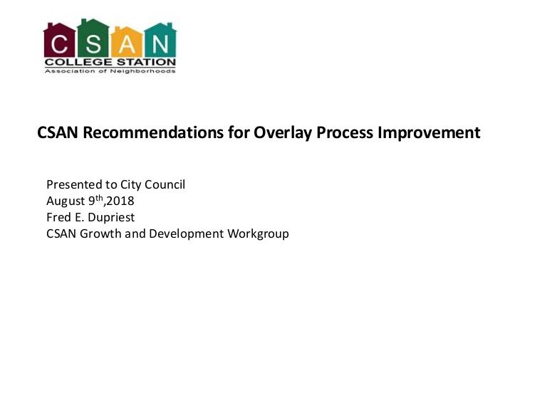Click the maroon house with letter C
(x=59, y=40)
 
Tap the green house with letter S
(x=93, y=38)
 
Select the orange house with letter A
(x=127, y=42)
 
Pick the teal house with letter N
(x=160, y=40)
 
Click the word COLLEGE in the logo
(x=78, y=63)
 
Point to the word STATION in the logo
(x=146, y=63)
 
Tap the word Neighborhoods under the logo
(x=143, y=71)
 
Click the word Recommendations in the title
(x=153, y=132)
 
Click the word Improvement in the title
(x=429, y=133)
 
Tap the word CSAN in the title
(x=58, y=132)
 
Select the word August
(x=66, y=201)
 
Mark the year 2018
(x=120, y=201)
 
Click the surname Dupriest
(x=111, y=218)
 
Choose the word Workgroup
(x=258, y=234)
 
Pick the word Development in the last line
(x=187, y=234)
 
